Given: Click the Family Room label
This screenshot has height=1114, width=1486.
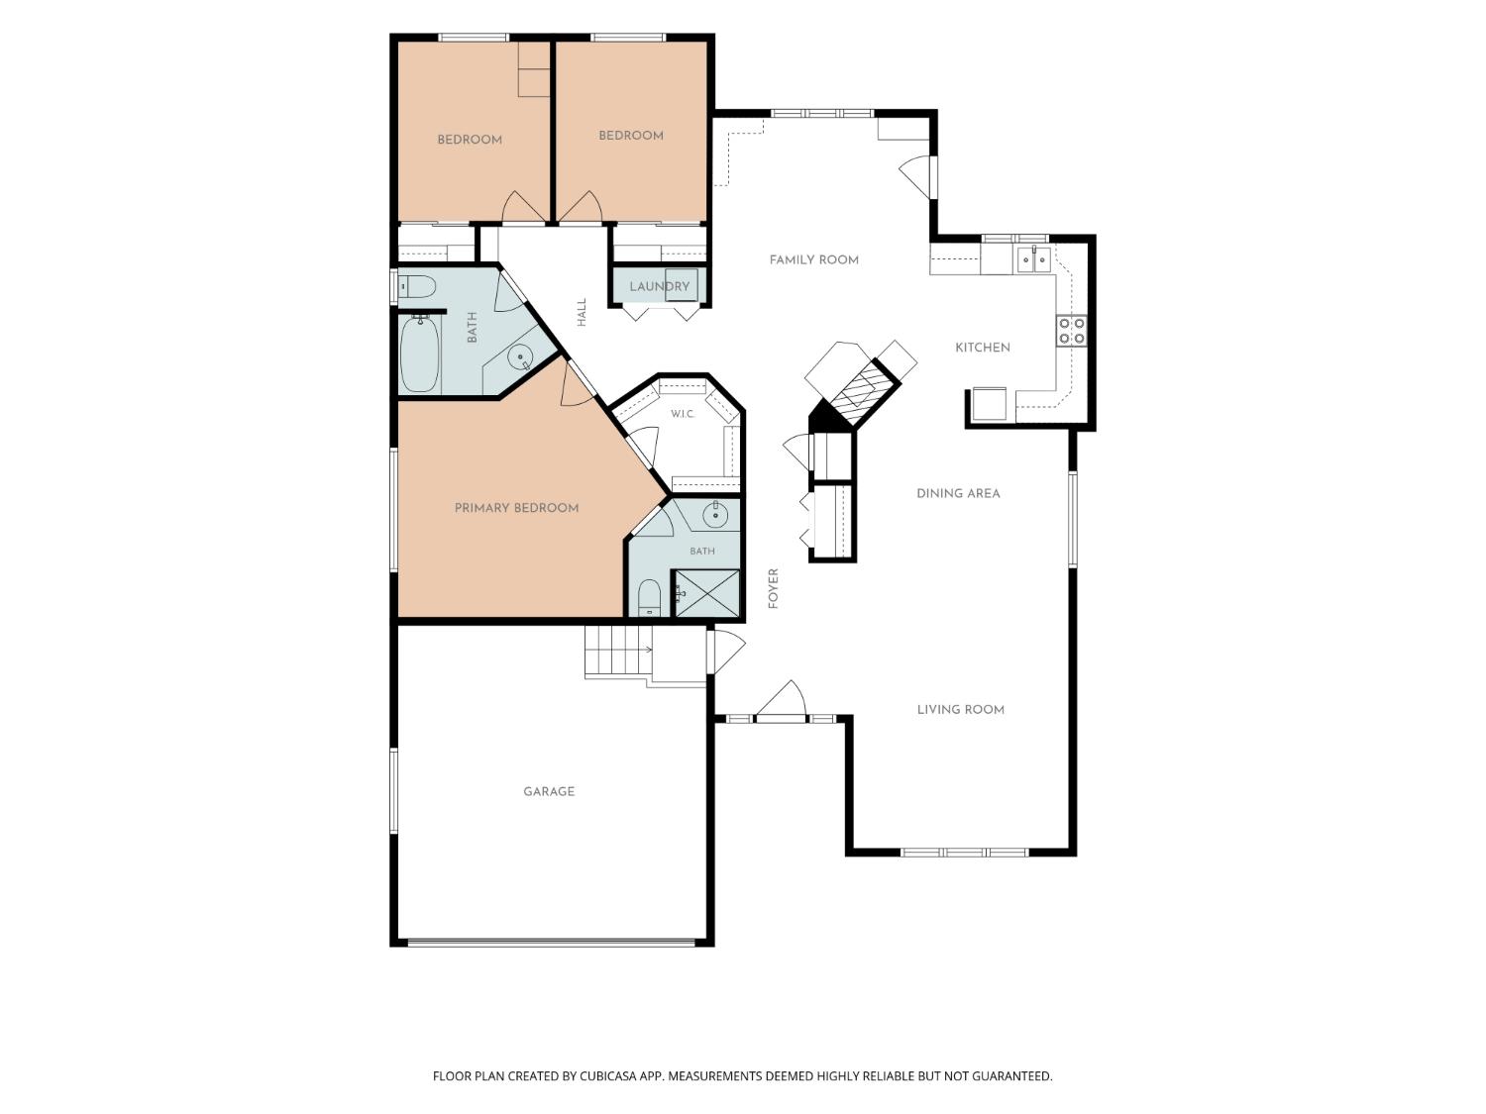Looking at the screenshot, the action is (x=813, y=259).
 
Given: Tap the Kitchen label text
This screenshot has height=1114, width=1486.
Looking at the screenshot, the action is (x=983, y=348).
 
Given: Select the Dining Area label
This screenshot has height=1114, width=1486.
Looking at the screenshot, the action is (x=958, y=494).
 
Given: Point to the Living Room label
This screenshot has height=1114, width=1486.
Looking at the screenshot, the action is (x=961, y=710).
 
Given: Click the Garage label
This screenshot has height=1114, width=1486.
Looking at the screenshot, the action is (x=549, y=791).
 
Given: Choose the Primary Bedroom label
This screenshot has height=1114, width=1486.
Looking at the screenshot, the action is (x=516, y=508).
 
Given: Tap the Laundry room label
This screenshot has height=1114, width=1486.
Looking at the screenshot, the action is (x=660, y=287).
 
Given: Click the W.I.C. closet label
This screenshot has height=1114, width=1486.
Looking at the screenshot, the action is (x=683, y=414).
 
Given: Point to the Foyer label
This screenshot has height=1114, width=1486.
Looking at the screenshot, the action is (x=774, y=588).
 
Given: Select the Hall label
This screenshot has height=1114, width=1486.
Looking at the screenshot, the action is (x=582, y=313).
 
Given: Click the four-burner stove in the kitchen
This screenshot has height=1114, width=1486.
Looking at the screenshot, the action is (x=1072, y=331).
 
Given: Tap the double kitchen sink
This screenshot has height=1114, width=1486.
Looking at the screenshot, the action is (x=1034, y=259).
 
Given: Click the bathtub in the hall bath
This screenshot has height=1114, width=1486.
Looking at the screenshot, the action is (x=420, y=355).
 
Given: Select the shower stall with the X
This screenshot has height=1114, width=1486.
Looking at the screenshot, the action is (x=706, y=593).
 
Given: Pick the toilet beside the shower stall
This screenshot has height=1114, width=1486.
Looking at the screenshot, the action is (x=650, y=598).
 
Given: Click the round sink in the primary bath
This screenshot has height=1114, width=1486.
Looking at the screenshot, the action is (x=715, y=516).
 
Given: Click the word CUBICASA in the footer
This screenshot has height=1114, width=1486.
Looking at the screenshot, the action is (x=608, y=1076).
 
